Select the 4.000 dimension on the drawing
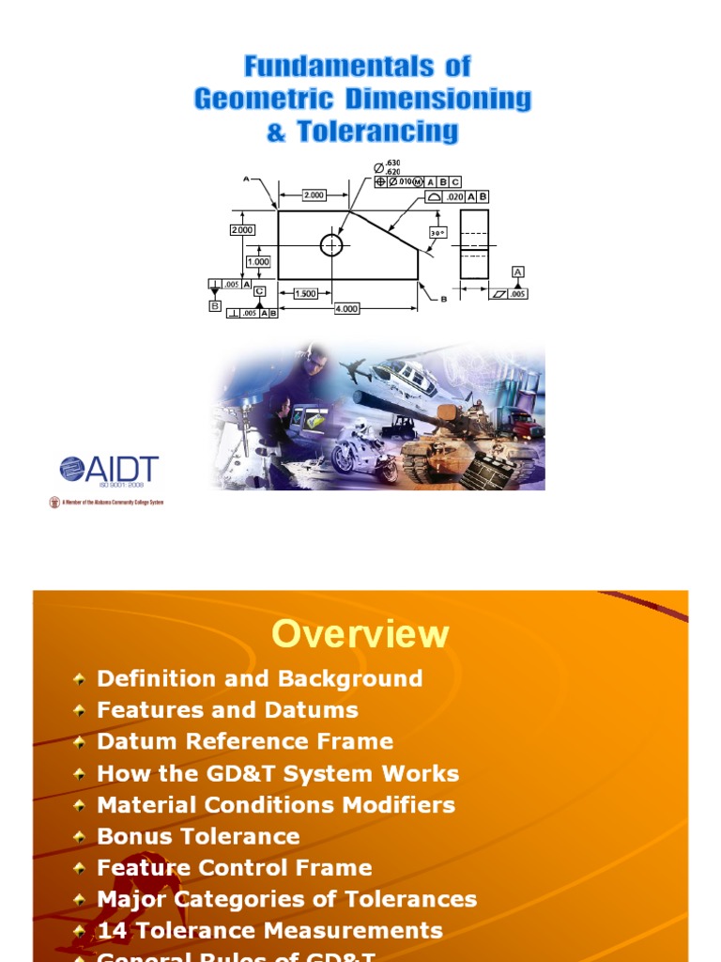[x=346, y=308]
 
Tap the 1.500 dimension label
[x=305, y=293]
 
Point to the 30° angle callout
[x=437, y=232]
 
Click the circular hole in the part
[x=331, y=245]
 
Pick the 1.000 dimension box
[x=258, y=262]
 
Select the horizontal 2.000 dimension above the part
[x=314, y=195]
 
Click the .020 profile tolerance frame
[x=457, y=196]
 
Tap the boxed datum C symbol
[x=259, y=292]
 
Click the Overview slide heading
[x=360, y=634]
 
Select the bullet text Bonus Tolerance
[x=198, y=836]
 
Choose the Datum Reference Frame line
[x=245, y=741]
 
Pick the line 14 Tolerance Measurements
[x=269, y=930]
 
